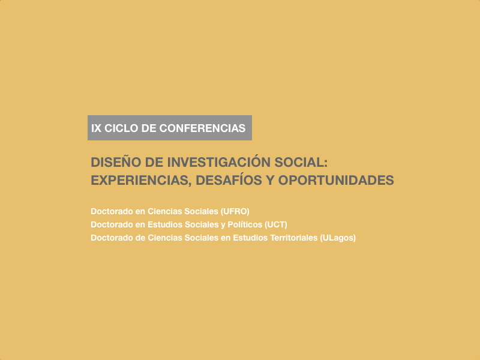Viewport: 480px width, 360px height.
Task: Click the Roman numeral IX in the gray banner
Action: coord(96,128)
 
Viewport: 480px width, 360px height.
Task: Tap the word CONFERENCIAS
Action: coord(202,128)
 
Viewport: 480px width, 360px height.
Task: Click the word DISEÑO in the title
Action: coord(116,162)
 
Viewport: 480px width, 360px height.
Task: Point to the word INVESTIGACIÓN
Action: coord(219,162)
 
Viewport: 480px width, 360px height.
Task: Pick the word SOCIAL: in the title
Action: coord(301,162)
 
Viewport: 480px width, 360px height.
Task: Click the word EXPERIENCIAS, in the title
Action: coord(141,181)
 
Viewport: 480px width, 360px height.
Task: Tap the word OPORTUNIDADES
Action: coord(336,181)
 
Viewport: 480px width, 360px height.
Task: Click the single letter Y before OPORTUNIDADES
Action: coord(270,181)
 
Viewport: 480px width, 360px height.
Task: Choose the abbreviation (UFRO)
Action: coord(235,212)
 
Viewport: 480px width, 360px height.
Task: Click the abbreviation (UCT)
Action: coord(276,224)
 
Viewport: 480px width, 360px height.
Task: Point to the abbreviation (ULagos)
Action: coord(338,238)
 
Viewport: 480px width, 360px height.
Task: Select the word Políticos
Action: coord(245,224)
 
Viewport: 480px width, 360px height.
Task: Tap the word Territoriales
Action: coord(294,238)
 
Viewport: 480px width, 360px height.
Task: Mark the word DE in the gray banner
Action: coord(149,128)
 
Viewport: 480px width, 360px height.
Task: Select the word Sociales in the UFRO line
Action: coord(202,211)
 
